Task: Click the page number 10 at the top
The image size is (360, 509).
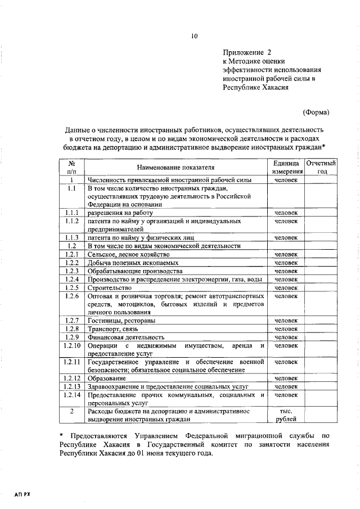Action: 194,37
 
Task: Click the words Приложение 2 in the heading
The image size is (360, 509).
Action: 247,51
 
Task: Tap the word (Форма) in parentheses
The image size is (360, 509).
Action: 316,112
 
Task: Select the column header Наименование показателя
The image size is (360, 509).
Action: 175,168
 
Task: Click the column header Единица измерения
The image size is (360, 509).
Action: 286,167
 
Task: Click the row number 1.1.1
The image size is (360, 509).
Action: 71,213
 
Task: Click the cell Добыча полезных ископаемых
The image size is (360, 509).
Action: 134,263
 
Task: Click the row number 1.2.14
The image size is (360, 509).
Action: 72,395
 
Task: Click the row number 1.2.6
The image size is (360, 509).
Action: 71,296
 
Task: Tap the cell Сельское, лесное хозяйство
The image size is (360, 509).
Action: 128,254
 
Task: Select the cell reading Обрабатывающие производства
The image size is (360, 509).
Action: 131,271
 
